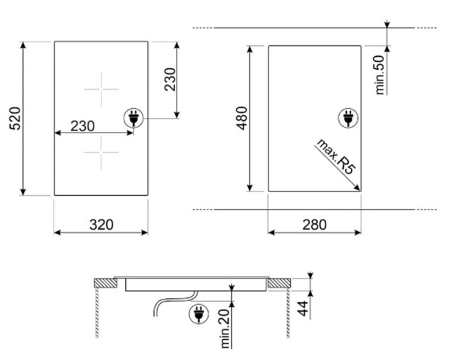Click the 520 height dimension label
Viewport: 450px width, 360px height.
[x=15, y=118]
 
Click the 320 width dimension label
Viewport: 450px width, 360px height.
[x=101, y=225]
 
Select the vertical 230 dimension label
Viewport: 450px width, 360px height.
[x=170, y=79]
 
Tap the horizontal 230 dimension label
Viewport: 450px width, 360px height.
[x=82, y=126]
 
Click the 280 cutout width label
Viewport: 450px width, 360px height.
[x=314, y=225]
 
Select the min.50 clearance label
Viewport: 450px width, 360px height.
[x=379, y=75]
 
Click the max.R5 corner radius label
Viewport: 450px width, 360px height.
[x=336, y=156]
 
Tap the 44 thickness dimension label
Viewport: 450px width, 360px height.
[x=303, y=309]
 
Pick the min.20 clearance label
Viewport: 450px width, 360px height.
[x=226, y=329]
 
